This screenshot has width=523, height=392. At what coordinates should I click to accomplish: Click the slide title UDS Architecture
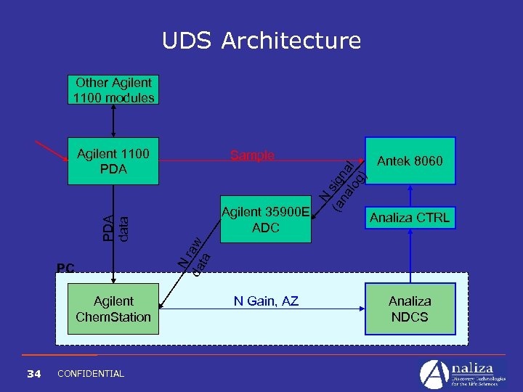pyautogui.click(x=261, y=41)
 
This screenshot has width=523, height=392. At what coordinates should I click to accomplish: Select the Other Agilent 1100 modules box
pyautogui.click(x=113, y=90)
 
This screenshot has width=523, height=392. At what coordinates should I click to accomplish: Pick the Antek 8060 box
pyautogui.click(x=410, y=160)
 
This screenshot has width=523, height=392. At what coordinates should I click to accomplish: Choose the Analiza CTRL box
pyautogui.click(x=410, y=217)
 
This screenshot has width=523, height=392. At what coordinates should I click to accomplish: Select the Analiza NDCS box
pyautogui.click(x=410, y=309)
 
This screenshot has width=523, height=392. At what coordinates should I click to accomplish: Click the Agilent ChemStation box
pyautogui.click(x=113, y=309)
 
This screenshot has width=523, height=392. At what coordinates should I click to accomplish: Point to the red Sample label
pyautogui.click(x=252, y=155)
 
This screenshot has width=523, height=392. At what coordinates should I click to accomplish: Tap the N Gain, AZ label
pyautogui.click(x=265, y=301)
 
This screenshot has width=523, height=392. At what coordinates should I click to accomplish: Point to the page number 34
pyautogui.click(x=33, y=373)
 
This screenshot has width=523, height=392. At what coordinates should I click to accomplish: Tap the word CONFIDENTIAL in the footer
pyautogui.click(x=90, y=373)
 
